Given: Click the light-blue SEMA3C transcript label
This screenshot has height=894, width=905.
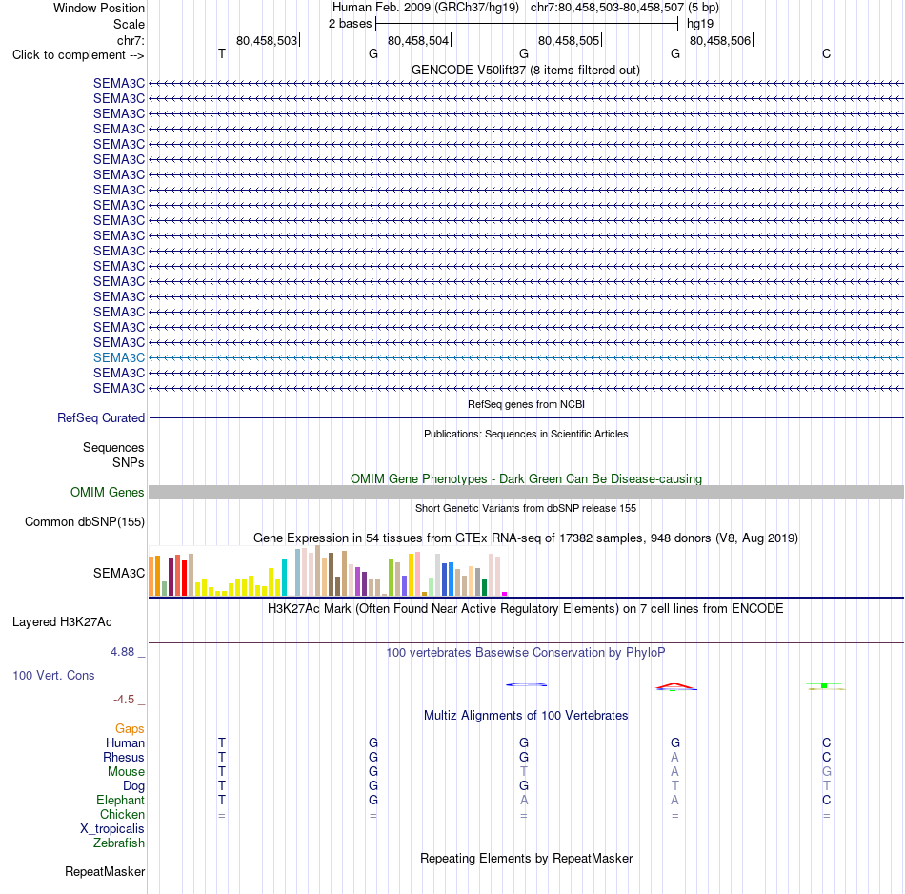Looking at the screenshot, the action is point(119,358).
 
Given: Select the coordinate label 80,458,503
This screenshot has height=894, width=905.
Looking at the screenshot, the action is point(267,40).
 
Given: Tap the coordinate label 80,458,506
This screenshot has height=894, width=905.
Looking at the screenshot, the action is point(720,40).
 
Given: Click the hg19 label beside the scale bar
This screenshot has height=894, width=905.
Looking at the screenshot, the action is point(700,24).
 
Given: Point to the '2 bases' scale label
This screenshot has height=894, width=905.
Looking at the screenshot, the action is point(350,24).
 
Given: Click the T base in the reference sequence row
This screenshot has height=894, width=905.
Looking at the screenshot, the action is point(222,53).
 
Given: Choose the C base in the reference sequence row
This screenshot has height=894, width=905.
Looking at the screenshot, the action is point(827,53).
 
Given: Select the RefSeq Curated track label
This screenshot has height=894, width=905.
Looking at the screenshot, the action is point(101,417).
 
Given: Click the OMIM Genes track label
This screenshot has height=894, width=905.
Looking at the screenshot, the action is point(108,492).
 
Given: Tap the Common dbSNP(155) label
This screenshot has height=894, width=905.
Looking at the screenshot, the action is point(85,521).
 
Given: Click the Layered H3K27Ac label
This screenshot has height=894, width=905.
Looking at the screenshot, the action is point(62,622).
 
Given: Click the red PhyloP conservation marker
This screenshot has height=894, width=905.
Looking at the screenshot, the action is point(674,685).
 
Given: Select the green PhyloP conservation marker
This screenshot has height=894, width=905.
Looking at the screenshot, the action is point(824,685).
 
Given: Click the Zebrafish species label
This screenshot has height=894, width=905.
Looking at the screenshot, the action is point(119,843).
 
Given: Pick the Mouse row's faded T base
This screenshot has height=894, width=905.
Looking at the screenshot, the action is point(524,772).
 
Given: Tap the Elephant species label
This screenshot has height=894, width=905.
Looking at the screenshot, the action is point(121,800).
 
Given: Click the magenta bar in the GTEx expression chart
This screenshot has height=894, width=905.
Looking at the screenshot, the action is point(505,594).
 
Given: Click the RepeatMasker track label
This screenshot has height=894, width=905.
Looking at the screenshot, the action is point(105,871).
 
